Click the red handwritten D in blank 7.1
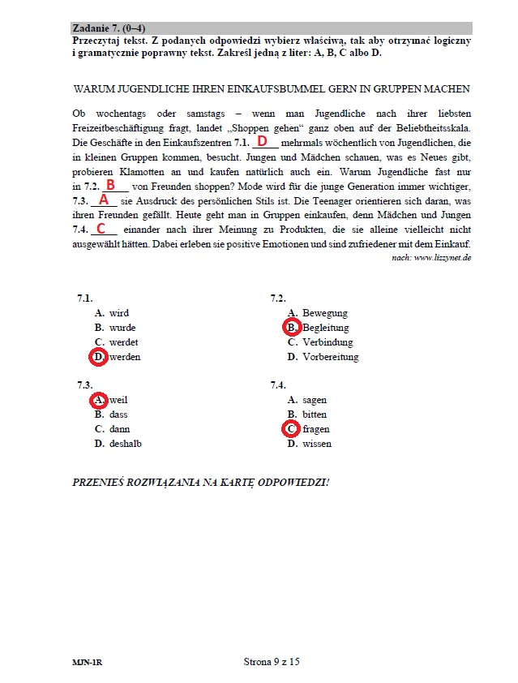[x=262, y=141]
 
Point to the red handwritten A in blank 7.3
[x=103, y=199]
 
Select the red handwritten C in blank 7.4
[x=101, y=229]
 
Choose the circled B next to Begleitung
[x=291, y=328]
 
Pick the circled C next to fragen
[x=291, y=429]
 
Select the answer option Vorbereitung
[x=330, y=357]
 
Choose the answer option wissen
[x=317, y=444]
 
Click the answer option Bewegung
[x=325, y=313]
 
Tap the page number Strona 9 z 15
[x=272, y=662]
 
